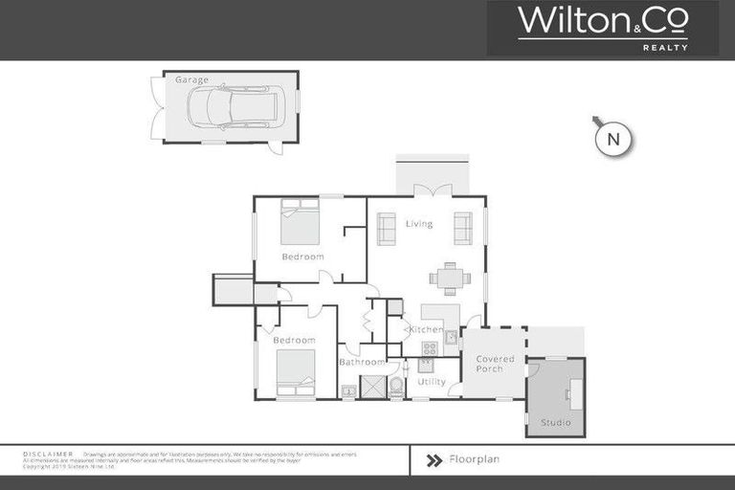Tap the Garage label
[x=191, y=80]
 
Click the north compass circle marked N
[x=613, y=140]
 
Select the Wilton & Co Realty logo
[x=603, y=28]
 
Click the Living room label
[x=419, y=224]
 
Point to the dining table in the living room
[x=450, y=278]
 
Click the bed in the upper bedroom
[x=300, y=222]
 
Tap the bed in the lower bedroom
[x=296, y=372]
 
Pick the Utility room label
[x=432, y=382]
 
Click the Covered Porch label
[x=495, y=364]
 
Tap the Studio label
[x=555, y=422]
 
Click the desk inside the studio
[x=576, y=392]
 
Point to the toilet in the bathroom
[x=396, y=386]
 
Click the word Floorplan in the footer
[x=474, y=459]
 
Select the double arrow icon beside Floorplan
[x=434, y=459]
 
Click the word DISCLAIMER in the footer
[x=48, y=453]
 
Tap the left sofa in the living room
[x=387, y=228]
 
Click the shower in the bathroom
[x=372, y=386]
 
